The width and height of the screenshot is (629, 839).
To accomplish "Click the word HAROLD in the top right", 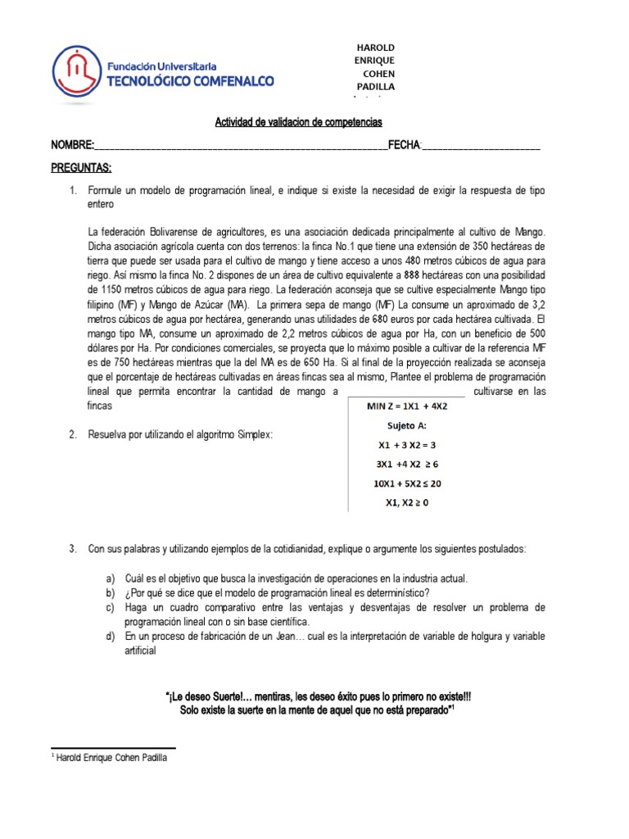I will point(373,46).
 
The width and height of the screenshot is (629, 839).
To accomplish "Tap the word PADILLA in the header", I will point(373,86).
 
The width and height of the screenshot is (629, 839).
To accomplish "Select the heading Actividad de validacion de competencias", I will point(298,122).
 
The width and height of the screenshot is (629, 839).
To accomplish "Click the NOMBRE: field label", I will point(72,145).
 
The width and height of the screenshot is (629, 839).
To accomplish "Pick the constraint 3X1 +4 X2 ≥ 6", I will point(407,465).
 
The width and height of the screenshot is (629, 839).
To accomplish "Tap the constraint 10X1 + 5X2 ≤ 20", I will point(407,483).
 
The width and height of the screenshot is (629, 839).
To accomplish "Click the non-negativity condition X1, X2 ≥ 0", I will point(407,502).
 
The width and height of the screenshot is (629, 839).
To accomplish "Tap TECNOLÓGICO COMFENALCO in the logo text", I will point(192,80).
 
